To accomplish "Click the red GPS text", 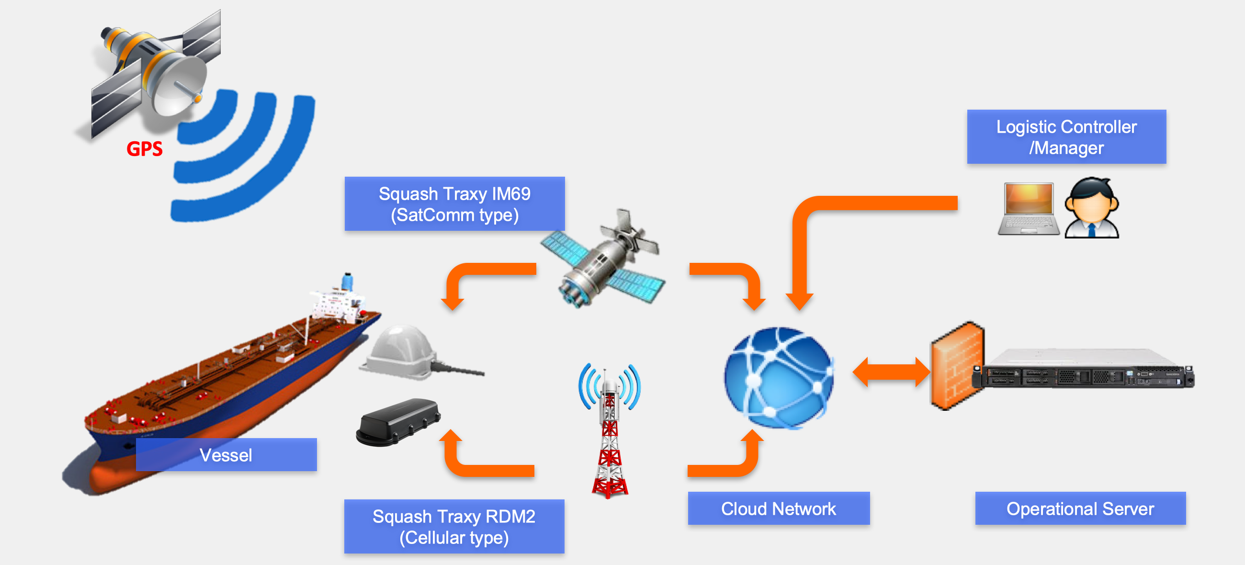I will click(144, 148).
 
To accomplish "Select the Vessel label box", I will click(226, 454).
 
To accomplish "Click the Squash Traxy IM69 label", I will click(454, 204).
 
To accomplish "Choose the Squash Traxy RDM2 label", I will click(454, 526).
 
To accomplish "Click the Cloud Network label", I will click(778, 508).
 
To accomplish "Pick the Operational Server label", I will click(1080, 508).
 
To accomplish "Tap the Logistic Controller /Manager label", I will click(1066, 137).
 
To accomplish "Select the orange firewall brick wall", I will click(956, 366).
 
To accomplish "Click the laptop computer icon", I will click(1028, 209).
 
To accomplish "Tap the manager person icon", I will click(1091, 208).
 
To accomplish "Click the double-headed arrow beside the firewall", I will click(891, 372).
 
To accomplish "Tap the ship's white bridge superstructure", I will click(336, 302).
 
